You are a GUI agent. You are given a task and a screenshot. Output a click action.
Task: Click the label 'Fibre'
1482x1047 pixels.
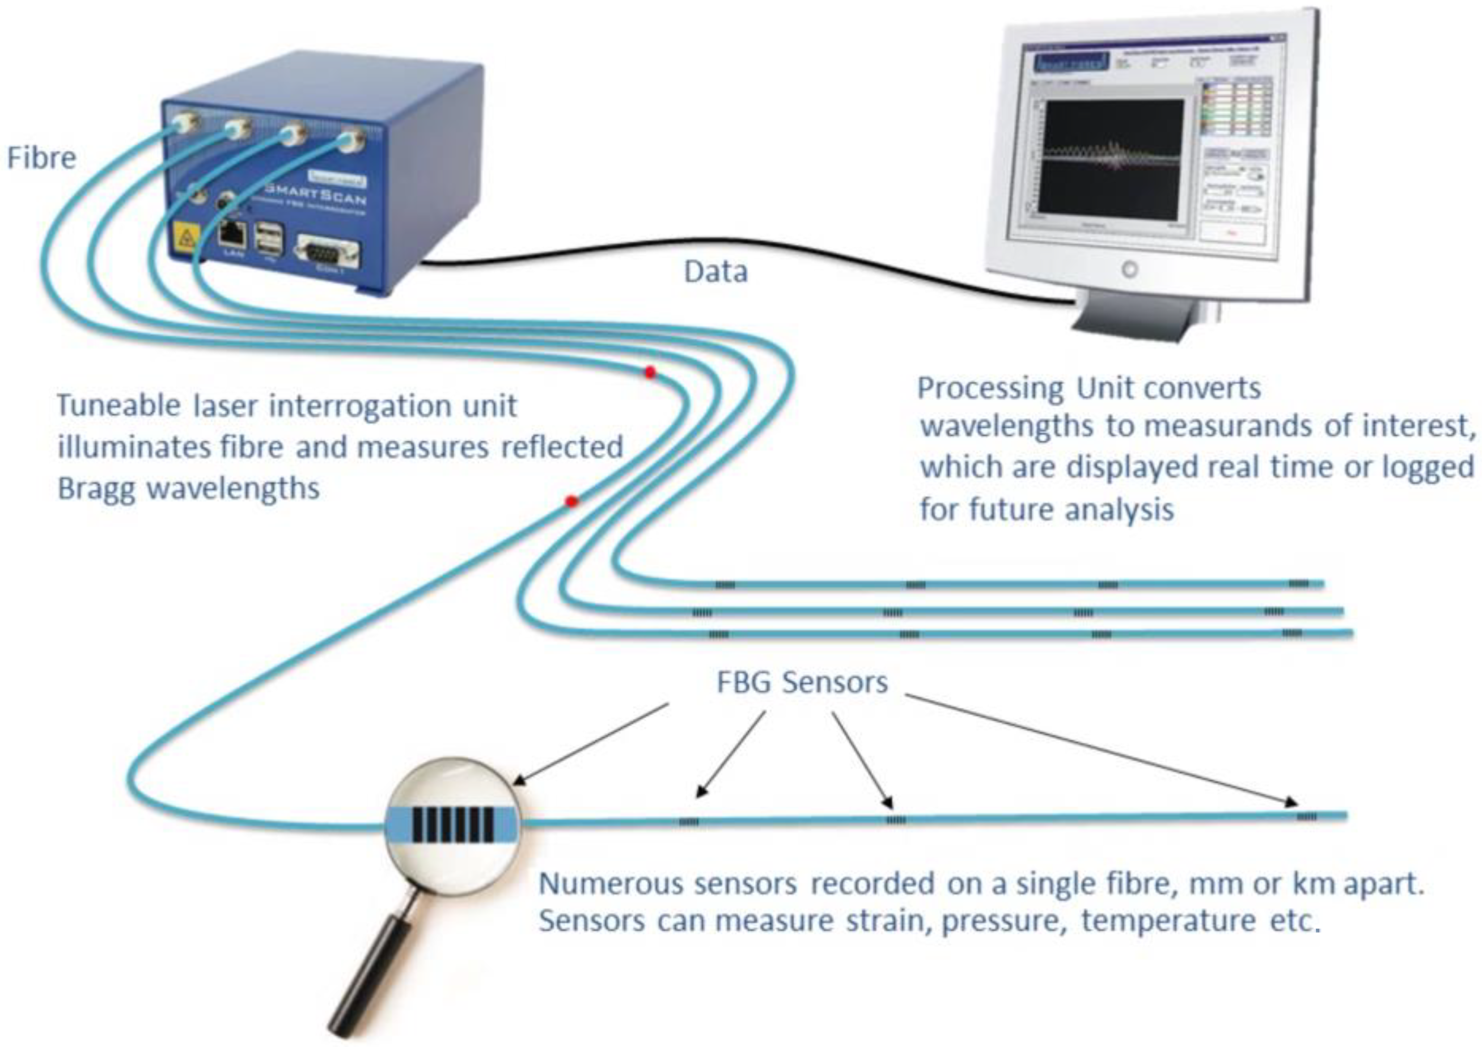(x=41, y=158)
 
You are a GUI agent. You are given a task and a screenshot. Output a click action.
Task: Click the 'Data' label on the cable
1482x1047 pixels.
(x=715, y=272)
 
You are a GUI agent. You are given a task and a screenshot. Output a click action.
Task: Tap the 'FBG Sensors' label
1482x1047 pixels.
(x=802, y=683)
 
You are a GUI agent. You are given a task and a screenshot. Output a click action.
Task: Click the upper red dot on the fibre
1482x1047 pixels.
(x=650, y=373)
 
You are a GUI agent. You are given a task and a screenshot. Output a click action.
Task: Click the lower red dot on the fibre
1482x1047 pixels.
(x=571, y=501)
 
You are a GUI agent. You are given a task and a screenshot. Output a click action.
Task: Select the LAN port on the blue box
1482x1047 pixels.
(x=232, y=233)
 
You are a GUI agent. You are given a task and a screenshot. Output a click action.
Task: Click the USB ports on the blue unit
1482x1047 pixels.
(x=269, y=239)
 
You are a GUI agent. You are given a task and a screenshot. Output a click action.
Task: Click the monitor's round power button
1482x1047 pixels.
(x=1129, y=269)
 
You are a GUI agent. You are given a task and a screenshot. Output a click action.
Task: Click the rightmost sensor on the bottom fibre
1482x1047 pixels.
(x=1306, y=816)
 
